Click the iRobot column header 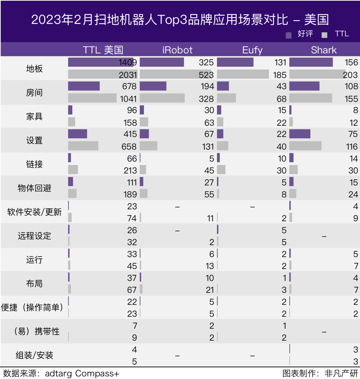(177, 50)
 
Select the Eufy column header (252, 50)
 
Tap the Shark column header (324, 50)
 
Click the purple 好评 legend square (289, 35)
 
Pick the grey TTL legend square (324, 35)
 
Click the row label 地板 (34, 69)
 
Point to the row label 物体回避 (34, 188)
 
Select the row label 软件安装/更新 (34, 212)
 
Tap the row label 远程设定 (34, 236)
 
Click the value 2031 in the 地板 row (128, 75)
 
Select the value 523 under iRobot (206, 75)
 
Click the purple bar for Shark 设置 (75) (300, 134)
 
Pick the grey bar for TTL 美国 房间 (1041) (92, 98)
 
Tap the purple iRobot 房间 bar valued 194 (153, 86)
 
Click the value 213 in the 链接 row (130, 171)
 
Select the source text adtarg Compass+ (82, 373)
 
